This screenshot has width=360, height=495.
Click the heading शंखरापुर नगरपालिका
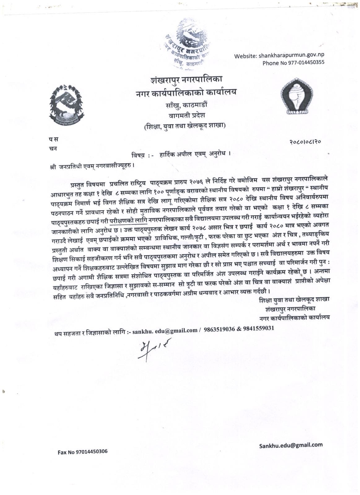click(190, 81)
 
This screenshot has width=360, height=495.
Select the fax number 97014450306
click(91, 451)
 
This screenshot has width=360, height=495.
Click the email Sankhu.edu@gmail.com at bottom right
click(291, 445)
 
